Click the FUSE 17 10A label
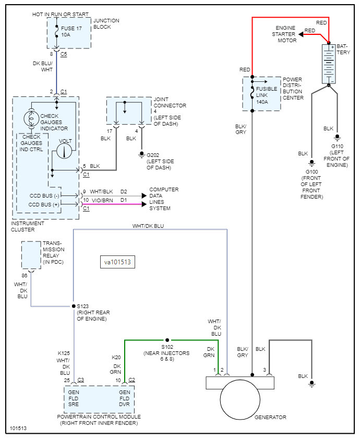tap(72, 31)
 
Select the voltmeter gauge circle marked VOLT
tap(64, 150)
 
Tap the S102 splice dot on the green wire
tap(167, 339)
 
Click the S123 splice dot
tap(73, 307)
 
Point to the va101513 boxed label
tap(117, 262)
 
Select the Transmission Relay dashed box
tap(31, 255)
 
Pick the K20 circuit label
tap(116, 358)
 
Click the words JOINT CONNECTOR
tap(170, 102)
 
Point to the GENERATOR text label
tap(270, 417)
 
